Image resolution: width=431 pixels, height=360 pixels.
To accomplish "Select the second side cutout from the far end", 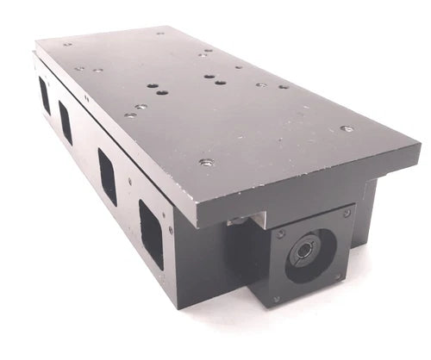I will coord(65,121).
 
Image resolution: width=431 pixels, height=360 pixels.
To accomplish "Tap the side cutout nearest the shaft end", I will coord(152,229).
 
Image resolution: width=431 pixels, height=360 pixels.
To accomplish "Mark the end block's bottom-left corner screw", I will coord(277,301).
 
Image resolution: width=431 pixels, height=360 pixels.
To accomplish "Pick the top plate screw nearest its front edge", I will coord(205,161).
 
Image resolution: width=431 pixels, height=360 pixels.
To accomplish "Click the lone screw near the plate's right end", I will coord(346,128).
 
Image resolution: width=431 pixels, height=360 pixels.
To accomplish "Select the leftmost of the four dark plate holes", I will coord(151,88).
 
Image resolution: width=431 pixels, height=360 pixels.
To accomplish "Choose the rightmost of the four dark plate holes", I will coord(222,84).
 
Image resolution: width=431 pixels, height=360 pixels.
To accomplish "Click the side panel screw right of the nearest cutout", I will coord(171,231).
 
